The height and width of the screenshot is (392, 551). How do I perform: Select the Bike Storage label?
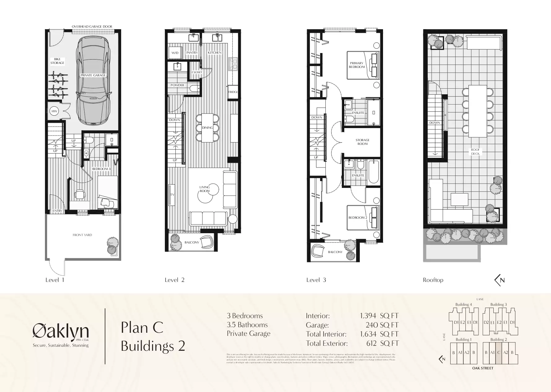click(x=57, y=61)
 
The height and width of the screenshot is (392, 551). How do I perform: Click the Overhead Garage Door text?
click(x=92, y=27)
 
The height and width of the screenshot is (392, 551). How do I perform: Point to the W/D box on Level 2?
click(x=175, y=53)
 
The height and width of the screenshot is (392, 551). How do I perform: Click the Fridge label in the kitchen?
click(x=233, y=92)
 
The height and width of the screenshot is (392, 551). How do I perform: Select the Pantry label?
click(x=192, y=53)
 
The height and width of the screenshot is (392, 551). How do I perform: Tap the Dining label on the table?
click(x=207, y=127)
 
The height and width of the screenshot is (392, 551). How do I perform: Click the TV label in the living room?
click(x=172, y=195)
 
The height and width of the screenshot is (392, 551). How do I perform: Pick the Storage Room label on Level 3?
click(x=362, y=142)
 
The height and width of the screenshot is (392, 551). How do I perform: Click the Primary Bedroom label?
click(x=357, y=65)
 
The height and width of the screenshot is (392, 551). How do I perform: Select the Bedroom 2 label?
click(x=358, y=217)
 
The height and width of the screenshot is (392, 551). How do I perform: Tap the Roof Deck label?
click(x=475, y=152)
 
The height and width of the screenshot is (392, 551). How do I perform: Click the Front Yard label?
click(x=82, y=235)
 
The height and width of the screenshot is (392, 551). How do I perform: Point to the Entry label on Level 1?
click(x=57, y=211)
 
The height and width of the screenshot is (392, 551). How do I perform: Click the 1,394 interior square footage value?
click(x=368, y=316)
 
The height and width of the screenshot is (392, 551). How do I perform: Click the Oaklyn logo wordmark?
click(x=61, y=332)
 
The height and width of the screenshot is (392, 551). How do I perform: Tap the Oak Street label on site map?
click(x=483, y=368)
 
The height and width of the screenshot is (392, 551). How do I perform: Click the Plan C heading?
click(x=142, y=327)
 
